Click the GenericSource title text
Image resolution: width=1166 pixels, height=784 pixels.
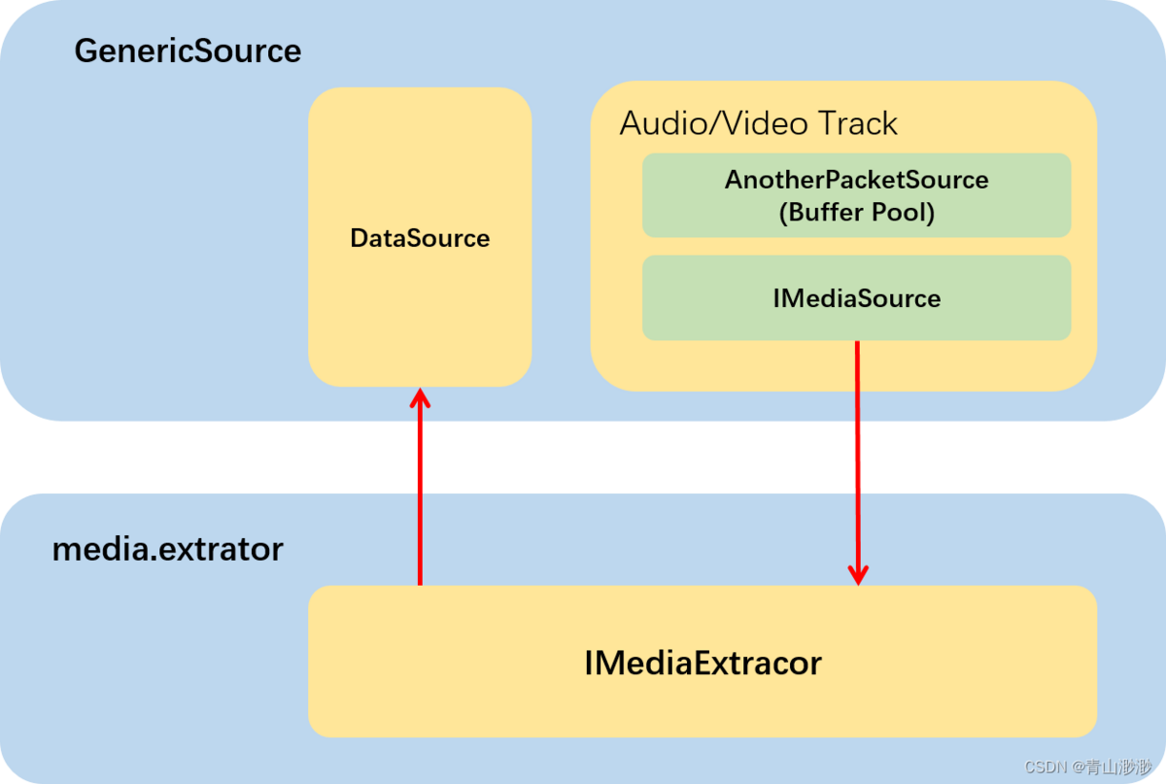click(x=188, y=51)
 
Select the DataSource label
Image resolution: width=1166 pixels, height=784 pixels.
click(x=420, y=238)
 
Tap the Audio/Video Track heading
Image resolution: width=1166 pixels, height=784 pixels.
click(x=758, y=123)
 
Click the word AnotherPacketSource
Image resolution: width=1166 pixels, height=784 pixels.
click(x=856, y=180)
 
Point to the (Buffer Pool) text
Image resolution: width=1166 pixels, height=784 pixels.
click(x=856, y=213)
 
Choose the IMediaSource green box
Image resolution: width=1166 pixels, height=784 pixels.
click(x=856, y=298)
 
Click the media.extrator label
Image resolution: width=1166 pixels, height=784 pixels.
click(x=167, y=550)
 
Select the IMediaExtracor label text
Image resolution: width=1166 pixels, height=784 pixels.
click(x=703, y=664)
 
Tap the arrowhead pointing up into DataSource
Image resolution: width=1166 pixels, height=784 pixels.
click(x=420, y=398)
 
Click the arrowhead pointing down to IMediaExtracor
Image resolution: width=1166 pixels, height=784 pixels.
click(x=857, y=574)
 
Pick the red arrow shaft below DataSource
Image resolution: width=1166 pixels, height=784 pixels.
click(x=420, y=495)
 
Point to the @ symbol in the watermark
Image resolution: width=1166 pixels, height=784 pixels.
click(x=1078, y=767)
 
